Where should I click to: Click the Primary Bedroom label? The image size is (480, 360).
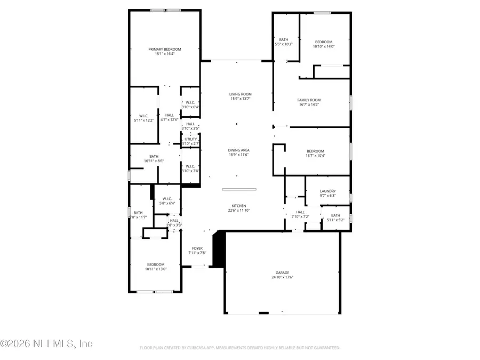tap(165, 49)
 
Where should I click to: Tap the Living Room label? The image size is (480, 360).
tap(240, 94)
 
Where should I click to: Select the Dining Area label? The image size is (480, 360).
tap(239, 150)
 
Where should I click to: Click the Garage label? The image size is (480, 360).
tap(282, 273)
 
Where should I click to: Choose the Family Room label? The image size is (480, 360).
tap(309, 100)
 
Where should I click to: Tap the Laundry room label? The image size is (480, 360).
tap(327, 191)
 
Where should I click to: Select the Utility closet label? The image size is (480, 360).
tap(190, 139)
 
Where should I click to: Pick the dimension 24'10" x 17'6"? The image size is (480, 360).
tap(282, 277)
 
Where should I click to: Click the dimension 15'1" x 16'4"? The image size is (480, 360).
tap(165, 54)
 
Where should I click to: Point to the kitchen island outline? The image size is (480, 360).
tap(239, 189)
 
